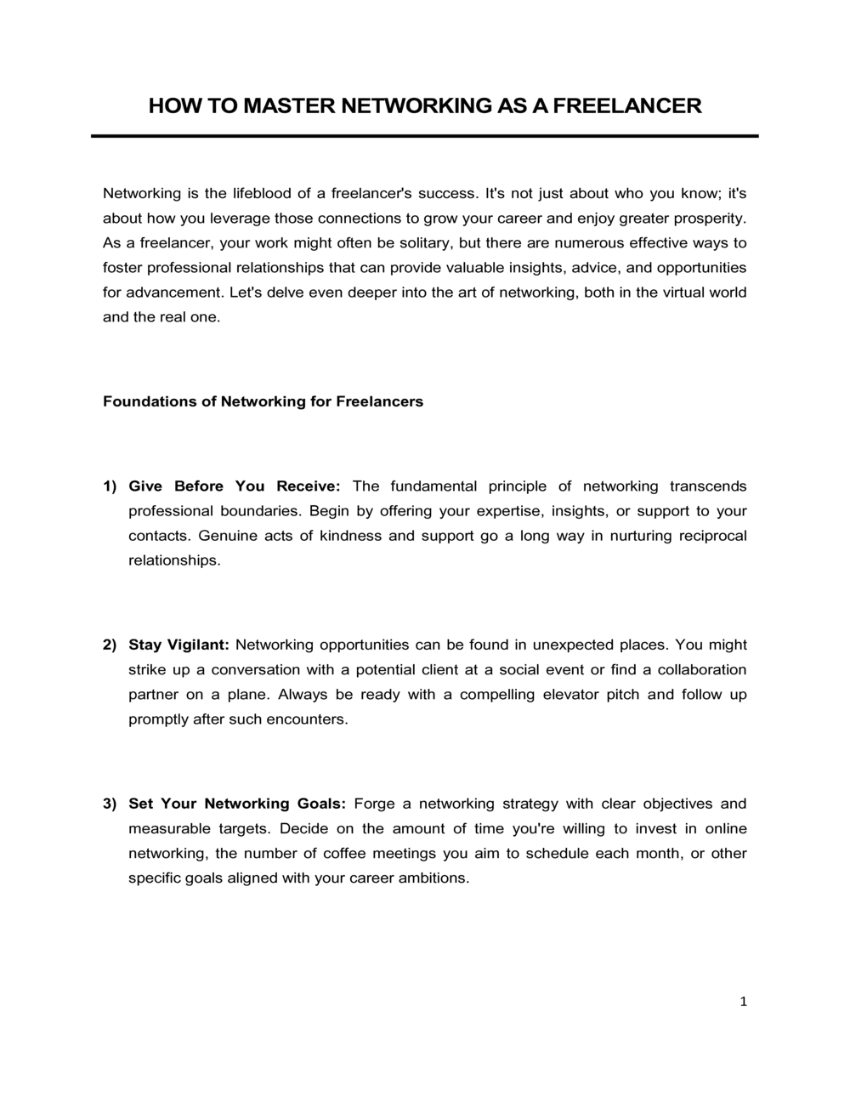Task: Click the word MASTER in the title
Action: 288,106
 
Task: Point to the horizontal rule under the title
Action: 424,136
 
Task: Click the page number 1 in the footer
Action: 743,1002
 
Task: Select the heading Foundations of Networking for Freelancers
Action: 263,401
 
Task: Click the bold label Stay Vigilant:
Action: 179,645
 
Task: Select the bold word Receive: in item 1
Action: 309,486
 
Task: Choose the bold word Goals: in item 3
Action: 322,804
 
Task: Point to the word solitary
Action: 422,242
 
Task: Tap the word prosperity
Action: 709,218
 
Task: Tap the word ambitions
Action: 433,878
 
